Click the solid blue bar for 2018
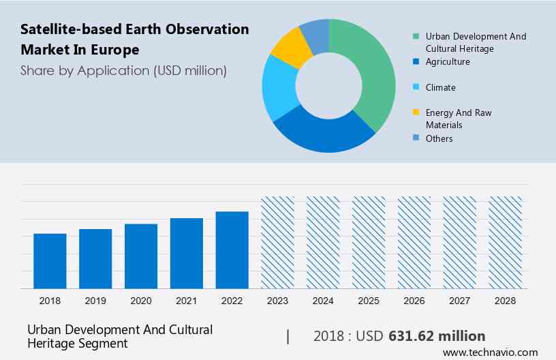pyautogui.click(x=50, y=261)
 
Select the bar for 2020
pyautogui.click(x=141, y=256)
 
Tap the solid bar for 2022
pyautogui.click(x=232, y=250)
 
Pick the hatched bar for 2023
pyautogui.click(x=278, y=243)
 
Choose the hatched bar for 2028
pyautogui.click(x=506, y=243)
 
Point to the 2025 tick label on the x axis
pyautogui.click(x=369, y=300)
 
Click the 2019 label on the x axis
pyautogui.click(x=95, y=300)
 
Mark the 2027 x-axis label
pyautogui.click(x=460, y=300)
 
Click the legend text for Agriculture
pyautogui.click(x=448, y=61)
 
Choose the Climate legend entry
pyautogui.click(x=440, y=87)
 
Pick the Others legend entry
pyautogui.click(x=439, y=138)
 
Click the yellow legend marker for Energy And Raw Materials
pyautogui.click(x=416, y=112)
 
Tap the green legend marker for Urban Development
pyautogui.click(x=416, y=36)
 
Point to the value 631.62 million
pyautogui.click(x=437, y=336)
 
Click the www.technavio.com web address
pyautogui.click(x=490, y=352)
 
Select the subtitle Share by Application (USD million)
pyautogui.click(x=123, y=70)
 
